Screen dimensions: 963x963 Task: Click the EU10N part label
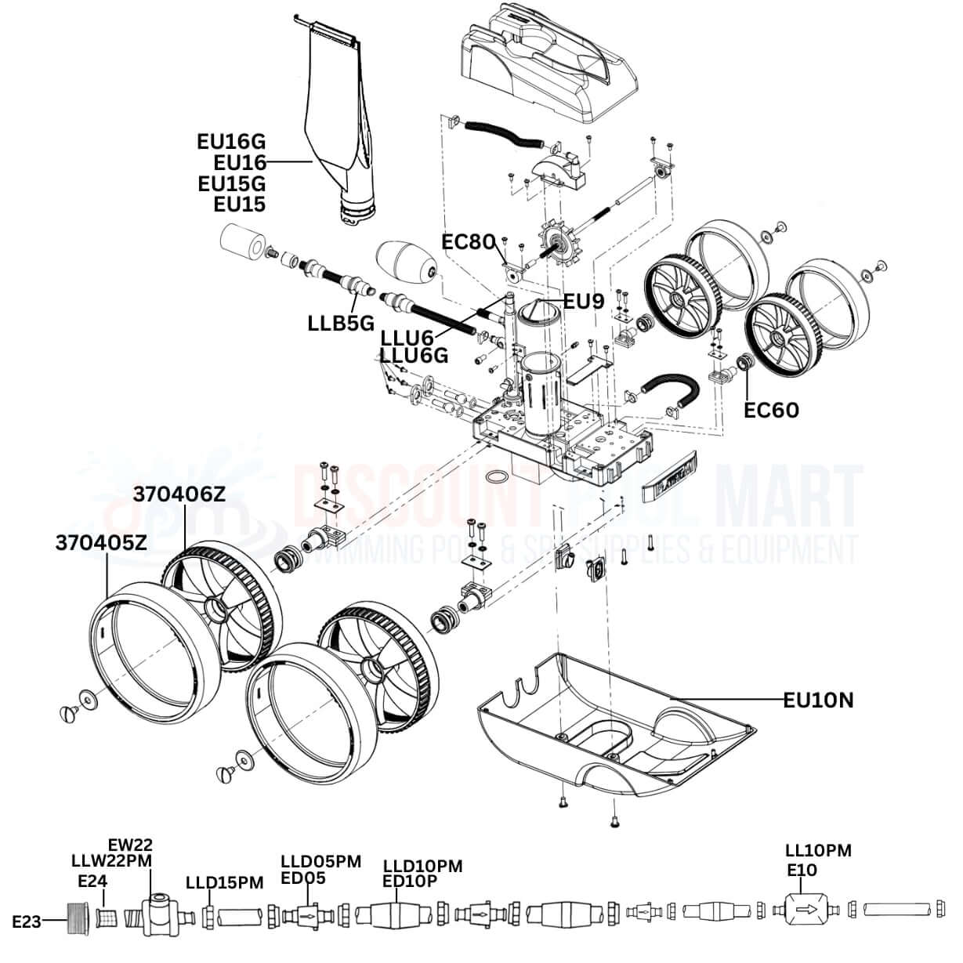click(818, 699)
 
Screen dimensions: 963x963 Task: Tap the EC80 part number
click(469, 241)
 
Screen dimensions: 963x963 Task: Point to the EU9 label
click(584, 300)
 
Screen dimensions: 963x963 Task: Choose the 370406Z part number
click(179, 494)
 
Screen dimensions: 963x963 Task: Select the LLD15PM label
click(224, 882)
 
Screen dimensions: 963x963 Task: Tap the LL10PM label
click(818, 850)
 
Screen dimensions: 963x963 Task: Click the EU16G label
click(231, 141)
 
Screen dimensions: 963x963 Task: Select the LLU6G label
click(415, 356)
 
